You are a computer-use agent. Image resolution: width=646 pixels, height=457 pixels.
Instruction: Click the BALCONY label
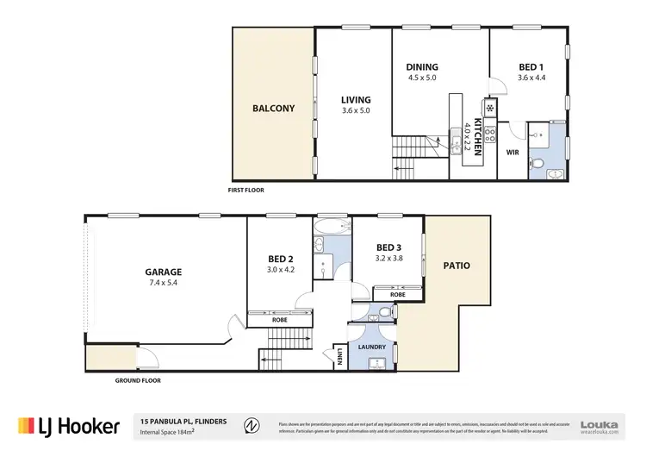click(273, 109)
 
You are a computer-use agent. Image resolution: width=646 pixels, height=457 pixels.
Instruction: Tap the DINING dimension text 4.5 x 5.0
click(422, 78)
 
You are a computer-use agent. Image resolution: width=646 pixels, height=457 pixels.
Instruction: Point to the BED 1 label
click(531, 67)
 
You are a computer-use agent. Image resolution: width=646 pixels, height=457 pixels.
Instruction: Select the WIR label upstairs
click(512, 152)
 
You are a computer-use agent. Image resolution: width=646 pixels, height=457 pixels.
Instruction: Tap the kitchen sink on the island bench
click(456, 148)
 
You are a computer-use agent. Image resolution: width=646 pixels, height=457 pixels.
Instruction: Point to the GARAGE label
click(163, 272)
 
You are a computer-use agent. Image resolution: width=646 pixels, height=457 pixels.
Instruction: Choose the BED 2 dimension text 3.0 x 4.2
click(281, 268)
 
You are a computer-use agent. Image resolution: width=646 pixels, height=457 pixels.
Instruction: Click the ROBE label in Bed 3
click(397, 294)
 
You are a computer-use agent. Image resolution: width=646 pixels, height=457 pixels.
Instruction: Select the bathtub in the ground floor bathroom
click(328, 227)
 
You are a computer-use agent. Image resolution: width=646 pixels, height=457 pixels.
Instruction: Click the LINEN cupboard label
click(341, 354)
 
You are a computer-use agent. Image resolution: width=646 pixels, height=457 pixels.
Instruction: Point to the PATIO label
click(457, 266)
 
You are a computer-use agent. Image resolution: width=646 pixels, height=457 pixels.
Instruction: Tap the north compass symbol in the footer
click(251, 425)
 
